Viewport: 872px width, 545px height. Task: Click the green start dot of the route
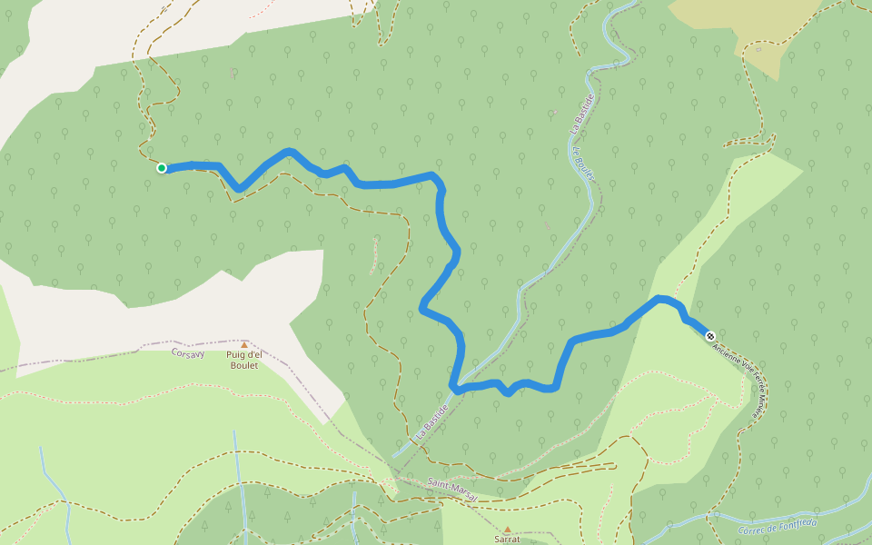tap(162, 167)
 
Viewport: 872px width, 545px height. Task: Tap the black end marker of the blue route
tap(709, 336)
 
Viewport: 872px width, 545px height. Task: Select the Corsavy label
tap(189, 352)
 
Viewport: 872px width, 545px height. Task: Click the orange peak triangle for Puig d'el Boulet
tap(243, 344)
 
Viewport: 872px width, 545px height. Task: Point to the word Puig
tap(237, 354)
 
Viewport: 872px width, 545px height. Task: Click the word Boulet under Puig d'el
tap(243, 365)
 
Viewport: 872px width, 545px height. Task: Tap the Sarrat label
tap(507, 539)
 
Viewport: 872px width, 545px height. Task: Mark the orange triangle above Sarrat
tap(507, 529)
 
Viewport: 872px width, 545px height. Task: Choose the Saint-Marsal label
tap(451, 488)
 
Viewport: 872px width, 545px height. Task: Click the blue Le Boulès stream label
tap(582, 169)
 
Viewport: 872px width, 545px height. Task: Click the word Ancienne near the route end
tap(725, 352)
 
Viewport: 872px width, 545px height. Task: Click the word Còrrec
tap(753, 530)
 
